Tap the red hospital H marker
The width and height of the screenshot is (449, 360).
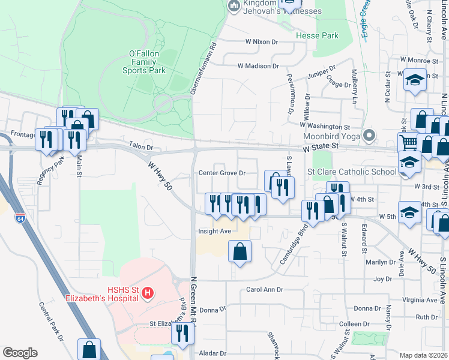pyautogui.click(x=148, y=293)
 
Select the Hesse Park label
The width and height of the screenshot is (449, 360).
pyautogui.click(x=317, y=36)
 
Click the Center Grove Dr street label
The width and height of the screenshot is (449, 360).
pyautogui.click(x=222, y=173)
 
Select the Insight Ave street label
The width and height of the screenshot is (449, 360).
pyautogui.click(x=214, y=231)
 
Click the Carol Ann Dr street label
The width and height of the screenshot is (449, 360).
pyautogui.click(x=264, y=290)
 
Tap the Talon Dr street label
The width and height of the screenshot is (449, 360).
pyautogui.click(x=141, y=146)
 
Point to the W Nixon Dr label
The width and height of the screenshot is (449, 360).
pyautogui.click(x=262, y=42)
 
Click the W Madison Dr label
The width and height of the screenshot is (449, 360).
pyautogui.click(x=258, y=66)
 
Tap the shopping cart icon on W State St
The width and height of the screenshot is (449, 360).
pyautogui.click(x=409, y=143)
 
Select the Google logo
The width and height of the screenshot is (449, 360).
pyautogui.click(x=20, y=353)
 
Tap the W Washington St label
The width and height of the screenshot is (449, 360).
pyautogui.click(x=325, y=127)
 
